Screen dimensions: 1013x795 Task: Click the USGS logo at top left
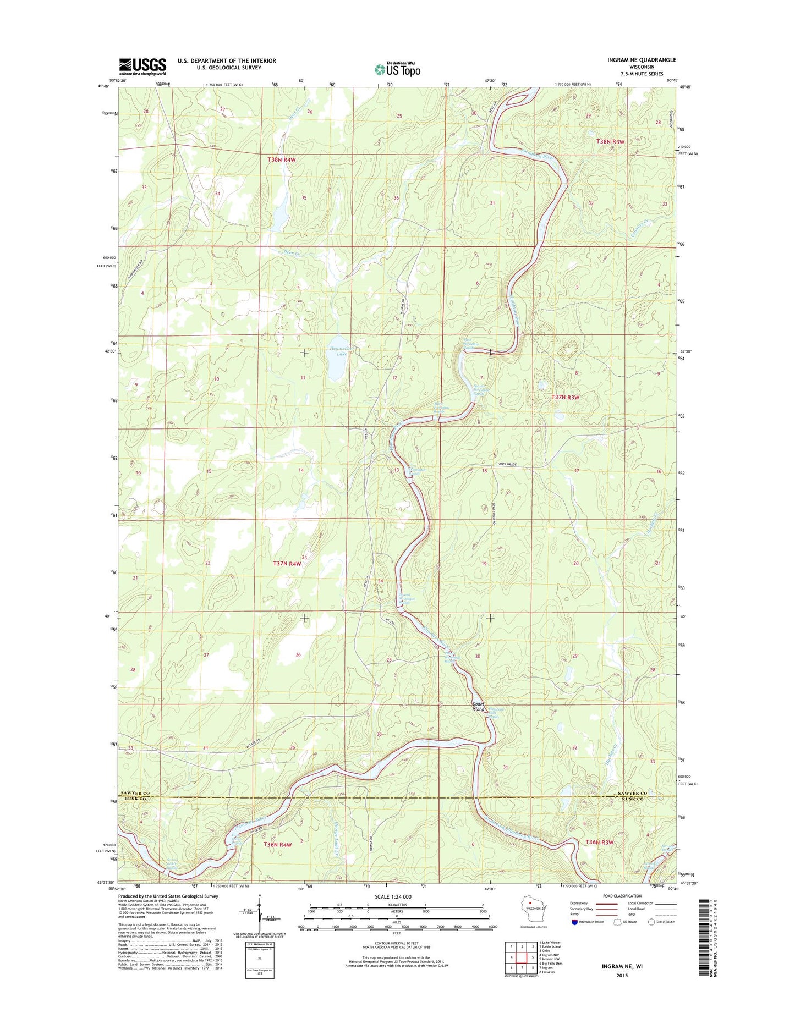[142, 67]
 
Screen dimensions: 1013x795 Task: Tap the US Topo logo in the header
[397, 69]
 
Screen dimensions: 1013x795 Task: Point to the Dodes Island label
[478, 707]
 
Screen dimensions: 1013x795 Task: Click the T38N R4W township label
[282, 159]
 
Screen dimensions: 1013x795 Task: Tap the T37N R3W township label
[566, 397]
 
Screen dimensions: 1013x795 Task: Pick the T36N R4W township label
[278, 844]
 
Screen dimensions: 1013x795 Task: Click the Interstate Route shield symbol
[575, 922]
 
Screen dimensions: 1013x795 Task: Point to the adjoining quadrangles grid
[522, 957]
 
